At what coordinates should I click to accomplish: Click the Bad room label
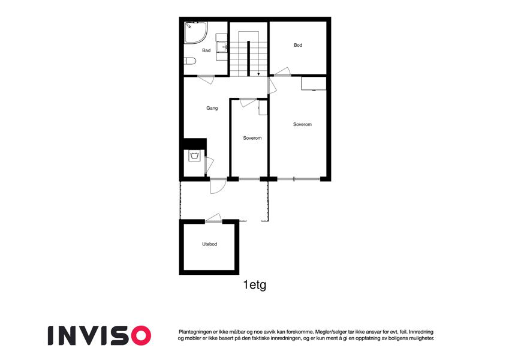(x=206, y=50)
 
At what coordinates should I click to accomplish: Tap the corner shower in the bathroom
(x=195, y=32)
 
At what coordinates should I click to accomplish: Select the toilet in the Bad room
(x=190, y=61)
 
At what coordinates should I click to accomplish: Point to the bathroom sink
(x=222, y=47)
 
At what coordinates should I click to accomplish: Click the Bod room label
(x=298, y=45)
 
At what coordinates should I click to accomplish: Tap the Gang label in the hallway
(x=212, y=108)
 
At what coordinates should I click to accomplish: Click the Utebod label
(x=209, y=244)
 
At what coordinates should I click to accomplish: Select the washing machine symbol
(x=195, y=155)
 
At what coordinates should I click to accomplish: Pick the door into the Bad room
(x=206, y=79)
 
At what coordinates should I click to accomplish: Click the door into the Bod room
(x=282, y=72)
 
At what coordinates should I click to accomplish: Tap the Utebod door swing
(x=213, y=218)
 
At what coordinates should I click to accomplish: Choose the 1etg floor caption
(x=255, y=285)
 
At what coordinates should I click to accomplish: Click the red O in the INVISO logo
(x=141, y=335)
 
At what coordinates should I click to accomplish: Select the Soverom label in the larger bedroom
(x=302, y=124)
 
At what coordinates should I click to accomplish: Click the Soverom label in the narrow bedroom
(x=252, y=138)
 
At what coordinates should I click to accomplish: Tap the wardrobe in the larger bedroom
(x=314, y=83)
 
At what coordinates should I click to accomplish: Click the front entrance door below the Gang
(x=218, y=186)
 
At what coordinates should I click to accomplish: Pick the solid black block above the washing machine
(x=195, y=143)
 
